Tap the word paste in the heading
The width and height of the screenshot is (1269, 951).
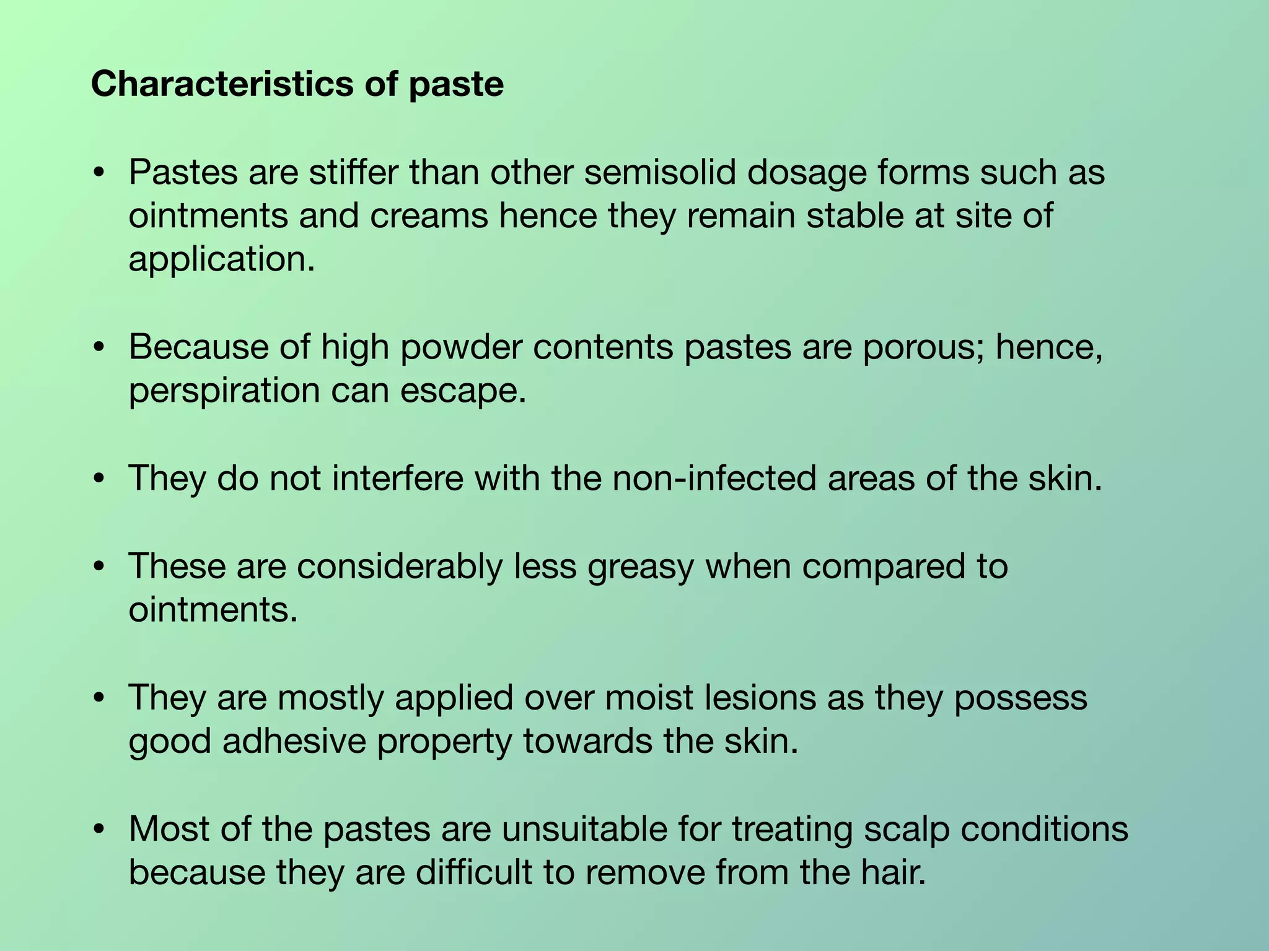(x=456, y=85)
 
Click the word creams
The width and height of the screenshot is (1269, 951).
(x=430, y=215)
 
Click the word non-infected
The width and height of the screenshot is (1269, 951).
(x=714, y=479)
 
